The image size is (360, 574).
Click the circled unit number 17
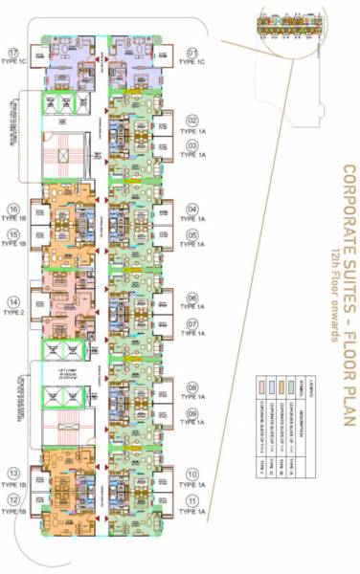13,52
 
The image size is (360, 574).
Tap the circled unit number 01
192,53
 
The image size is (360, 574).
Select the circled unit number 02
191,121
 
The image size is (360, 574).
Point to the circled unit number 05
191,233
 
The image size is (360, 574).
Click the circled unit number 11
191,500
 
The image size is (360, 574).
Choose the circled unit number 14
13,299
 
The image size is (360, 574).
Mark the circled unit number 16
13,209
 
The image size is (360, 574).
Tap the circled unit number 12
13,499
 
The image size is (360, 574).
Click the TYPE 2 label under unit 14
13,313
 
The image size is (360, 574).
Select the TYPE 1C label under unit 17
13,65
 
